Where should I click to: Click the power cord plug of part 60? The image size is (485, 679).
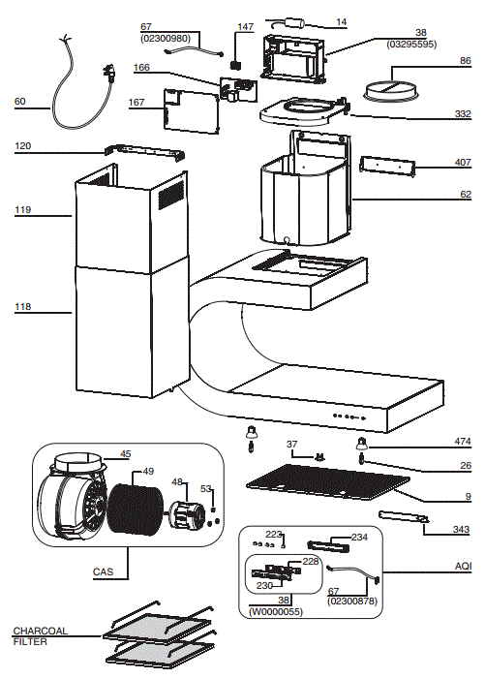pyautogui.click(x=109, y=73)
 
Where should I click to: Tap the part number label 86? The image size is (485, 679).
pyautogui.click(x=465, y=61)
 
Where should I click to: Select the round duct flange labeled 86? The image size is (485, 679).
pyautogui.click(x=391, y=91)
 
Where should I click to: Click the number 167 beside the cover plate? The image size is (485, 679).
pyautogui.click(x=136, y=103)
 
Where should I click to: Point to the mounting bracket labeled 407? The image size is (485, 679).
pyautogui.click(x=387, y=167)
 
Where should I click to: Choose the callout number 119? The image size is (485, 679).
pyautogui.click(x=22, y=209)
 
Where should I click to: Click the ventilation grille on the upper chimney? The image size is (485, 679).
pyautogui.click(x=170, y=196)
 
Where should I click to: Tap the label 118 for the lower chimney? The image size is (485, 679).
pyautogui.click(x=22, y=307)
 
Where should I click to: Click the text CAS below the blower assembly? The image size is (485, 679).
pyautogui.click(x=103, y=571)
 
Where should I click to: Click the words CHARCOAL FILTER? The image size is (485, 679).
pyautogui.click(x=40, y=636)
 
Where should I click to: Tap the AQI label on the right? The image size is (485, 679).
pyautogui.click(x=463, y=566)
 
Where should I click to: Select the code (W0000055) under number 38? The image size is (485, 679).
pyautogui.click(x=276, y=611)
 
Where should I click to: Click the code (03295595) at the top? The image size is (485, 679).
pyautogui.click(x=411, y=45)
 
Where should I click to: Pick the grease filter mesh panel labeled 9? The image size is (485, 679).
pyautogui.click(x=328, y=481)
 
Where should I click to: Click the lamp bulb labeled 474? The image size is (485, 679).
pyautogui.click(x=361, y=444)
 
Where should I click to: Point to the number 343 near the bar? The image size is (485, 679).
pyautogui.click(x=461, y=529)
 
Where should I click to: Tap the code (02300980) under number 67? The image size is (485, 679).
pyautogui.click(x=166, y=39)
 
